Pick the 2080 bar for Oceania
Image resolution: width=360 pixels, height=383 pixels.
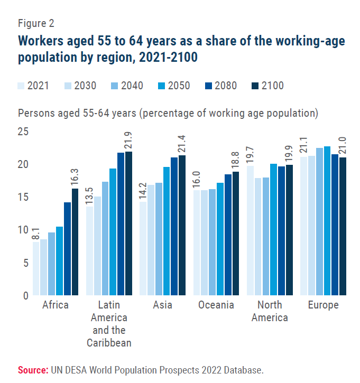click(x=228, y=235)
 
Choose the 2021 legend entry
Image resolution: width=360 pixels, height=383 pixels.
click(x=34, y=86)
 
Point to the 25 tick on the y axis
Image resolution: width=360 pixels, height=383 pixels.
click(x=23, y=131)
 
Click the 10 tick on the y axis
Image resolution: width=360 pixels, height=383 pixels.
click(x=23, y=230)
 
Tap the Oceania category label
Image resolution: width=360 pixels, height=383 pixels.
click(x=216, y=305)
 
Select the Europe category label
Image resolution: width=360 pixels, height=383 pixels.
click(x=324, y=305)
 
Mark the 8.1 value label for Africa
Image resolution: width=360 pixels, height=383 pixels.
click(x=36, y=231)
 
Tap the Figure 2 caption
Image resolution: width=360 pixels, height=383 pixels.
click(x=36, y=23)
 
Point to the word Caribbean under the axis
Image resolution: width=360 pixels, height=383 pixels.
click(x=109, y=342)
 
